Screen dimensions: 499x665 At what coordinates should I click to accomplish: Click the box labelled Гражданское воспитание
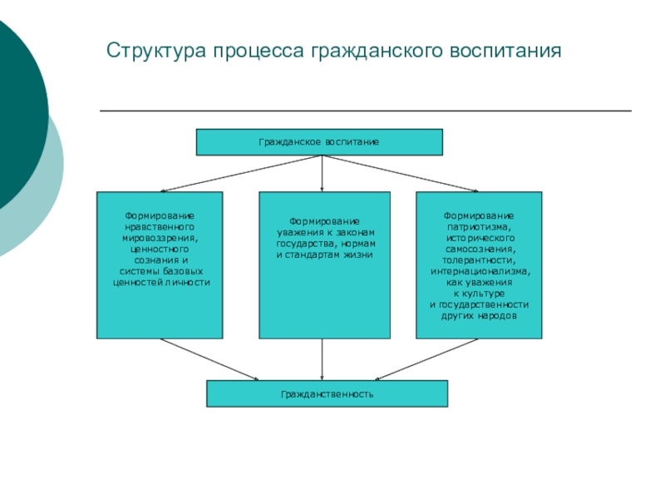(x=319, y=142)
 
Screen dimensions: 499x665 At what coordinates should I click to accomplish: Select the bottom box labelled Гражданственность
(x=327, y=393)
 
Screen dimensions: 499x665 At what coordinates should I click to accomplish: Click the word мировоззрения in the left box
(x=160, y=238)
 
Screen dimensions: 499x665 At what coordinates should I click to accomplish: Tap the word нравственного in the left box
(x=160, y=227)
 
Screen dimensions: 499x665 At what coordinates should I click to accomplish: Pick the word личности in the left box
(x=189, y=283)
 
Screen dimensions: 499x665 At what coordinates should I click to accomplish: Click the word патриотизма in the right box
(x=479, y=227)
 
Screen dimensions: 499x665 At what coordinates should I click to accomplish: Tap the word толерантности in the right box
(x=479, y=260)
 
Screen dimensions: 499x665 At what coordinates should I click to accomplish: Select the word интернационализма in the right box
(x=479, y=271)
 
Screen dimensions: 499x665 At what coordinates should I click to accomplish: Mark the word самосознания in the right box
(x=479, y=249)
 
